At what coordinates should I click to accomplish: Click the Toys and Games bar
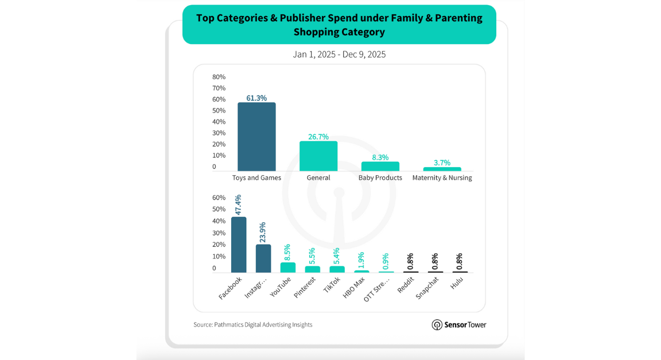coord(256,137)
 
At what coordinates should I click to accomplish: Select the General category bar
coord(318,156)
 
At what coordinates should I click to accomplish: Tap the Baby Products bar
coord(380,166)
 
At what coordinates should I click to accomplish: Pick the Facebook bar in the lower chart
coord(239,245)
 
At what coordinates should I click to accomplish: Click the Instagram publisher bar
coord(263,258)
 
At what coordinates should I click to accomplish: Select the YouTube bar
coord(288,268)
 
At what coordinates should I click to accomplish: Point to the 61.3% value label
coord(256,98)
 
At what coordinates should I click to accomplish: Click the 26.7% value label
coord(318,137)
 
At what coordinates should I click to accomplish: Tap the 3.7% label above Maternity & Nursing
coord(442,162)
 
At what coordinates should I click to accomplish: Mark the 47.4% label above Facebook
coord(238,205)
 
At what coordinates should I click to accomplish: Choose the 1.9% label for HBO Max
coord(361,260)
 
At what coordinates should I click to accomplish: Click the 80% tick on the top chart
coord(219,77)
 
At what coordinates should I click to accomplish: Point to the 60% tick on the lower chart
coord(219,198)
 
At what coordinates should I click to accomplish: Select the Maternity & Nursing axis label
coord(442,178)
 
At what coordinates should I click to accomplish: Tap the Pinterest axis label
coord(305,287)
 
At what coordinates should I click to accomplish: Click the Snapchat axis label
coord(427,287)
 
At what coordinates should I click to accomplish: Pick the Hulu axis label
coord(457,282)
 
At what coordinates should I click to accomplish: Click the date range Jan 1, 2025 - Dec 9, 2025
coord(339,55)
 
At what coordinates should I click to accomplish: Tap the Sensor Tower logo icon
coord(437,325)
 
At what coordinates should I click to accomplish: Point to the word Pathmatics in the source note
coord(228,325)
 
